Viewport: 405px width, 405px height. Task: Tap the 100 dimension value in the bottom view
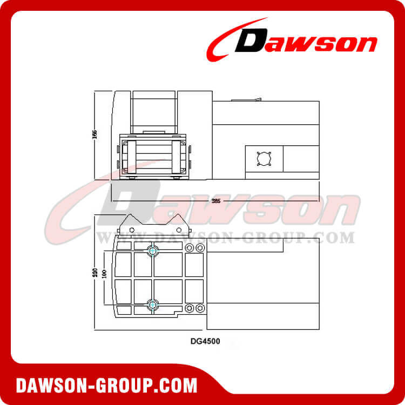coord(105,273)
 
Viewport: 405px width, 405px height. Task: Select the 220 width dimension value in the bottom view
coord(95,273)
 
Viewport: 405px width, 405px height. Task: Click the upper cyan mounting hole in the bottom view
coord(153,250)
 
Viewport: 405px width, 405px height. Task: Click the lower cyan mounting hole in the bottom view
coord(153,305)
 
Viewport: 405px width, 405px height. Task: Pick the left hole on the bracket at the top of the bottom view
coord(132,230)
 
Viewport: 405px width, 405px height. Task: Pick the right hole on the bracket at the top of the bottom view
coord(179,230)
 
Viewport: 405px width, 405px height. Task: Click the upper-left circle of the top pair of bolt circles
coord(190,247)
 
